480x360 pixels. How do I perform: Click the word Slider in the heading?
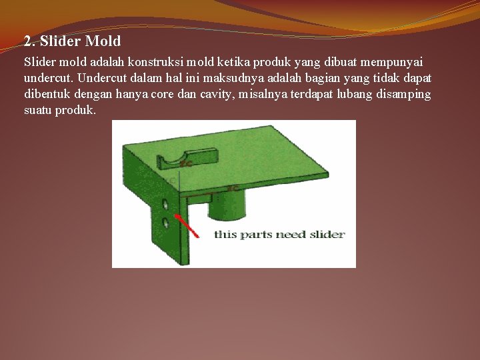61,41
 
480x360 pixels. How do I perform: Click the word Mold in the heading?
103,41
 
